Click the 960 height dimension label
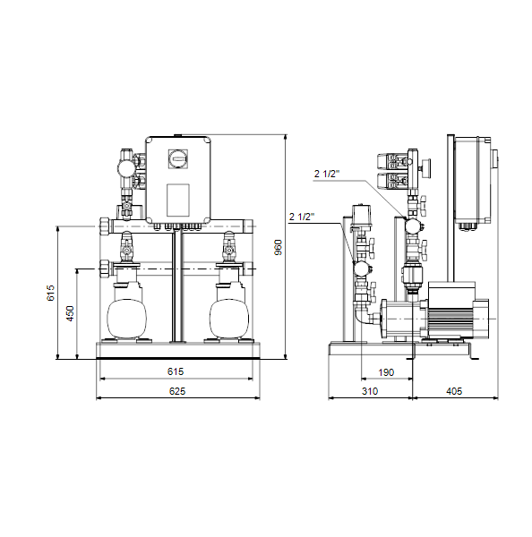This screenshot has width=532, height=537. click(279, 247)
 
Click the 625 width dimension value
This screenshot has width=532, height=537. click(177, 391)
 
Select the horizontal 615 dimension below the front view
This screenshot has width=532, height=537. click(176, 371)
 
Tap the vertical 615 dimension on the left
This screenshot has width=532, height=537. click(50, 293)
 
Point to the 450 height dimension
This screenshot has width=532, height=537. click(70, 313)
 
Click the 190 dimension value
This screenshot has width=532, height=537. click(386, 372)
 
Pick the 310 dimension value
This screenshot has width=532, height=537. click(370, 391)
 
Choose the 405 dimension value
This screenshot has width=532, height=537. click(454, 391)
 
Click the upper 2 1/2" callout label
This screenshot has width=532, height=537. click(327, 174)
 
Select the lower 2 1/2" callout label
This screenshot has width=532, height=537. click(302, 217)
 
